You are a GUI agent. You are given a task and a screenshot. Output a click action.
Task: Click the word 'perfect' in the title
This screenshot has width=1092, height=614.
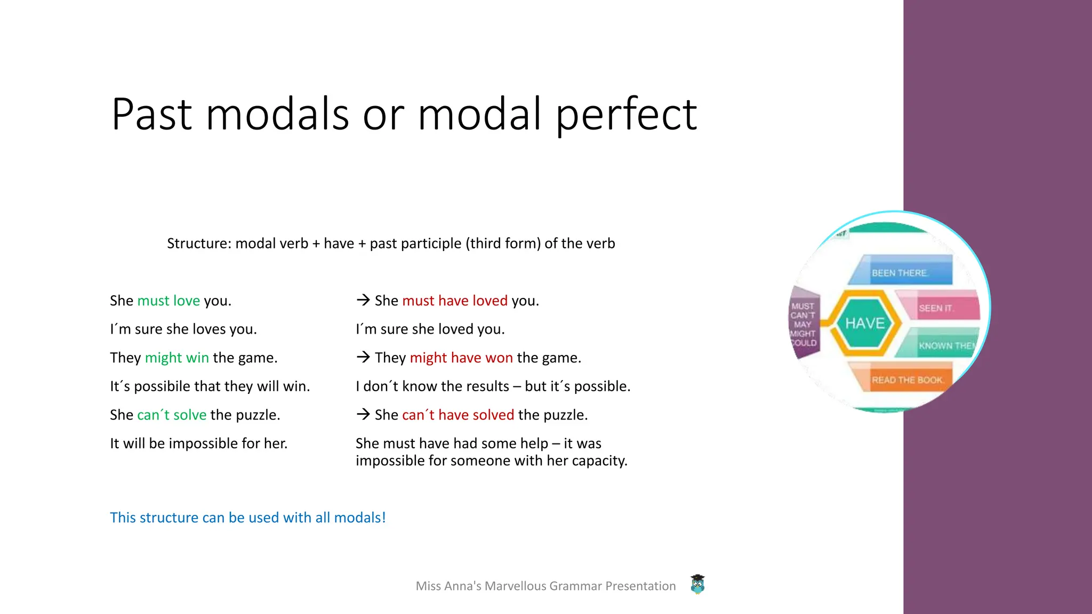(626, 115)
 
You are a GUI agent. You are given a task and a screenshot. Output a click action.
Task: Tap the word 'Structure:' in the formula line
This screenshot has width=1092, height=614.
(199, 244)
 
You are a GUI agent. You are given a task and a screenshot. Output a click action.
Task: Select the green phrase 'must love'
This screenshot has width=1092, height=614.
(168, 301)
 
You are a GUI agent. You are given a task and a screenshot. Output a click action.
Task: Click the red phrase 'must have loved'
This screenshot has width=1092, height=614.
(454, 301)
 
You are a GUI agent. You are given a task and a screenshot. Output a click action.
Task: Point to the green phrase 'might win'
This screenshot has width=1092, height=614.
(176, 358)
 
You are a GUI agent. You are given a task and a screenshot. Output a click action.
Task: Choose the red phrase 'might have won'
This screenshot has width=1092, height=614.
(461, 358)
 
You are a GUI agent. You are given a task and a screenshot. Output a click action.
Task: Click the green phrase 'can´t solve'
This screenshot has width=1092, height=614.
(172, 415)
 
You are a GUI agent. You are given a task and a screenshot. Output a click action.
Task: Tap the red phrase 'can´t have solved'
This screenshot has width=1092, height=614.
(458, 415)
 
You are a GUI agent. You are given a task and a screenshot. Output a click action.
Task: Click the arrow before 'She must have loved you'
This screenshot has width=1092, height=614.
(363, 300)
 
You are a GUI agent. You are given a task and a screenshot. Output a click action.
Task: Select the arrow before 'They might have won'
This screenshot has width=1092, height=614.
(363, 357)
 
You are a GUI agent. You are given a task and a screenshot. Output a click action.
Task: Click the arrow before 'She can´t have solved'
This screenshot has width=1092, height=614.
(363, 414)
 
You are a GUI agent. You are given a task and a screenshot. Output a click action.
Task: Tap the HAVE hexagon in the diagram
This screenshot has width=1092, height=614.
(864, 323)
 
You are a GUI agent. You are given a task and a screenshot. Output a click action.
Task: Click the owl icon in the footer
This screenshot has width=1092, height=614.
(697, 585)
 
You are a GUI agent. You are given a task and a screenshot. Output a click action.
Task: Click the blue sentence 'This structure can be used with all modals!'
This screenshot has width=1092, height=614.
(247, 518)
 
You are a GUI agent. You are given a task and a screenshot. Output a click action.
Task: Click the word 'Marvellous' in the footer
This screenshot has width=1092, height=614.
(515, 586)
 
